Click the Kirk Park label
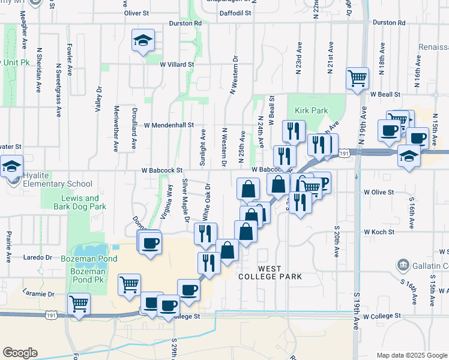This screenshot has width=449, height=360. pyautogui.click(x=312, y=110)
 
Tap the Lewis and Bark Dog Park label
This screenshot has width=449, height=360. pyautogui.click(x=80, y=202)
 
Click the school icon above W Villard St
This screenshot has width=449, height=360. pyautogui.click(x=143, y=40)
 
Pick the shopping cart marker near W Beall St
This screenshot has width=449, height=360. pyautogui.click(x=357, y=78)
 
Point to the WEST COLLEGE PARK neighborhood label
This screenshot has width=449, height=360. pyautogui.click(x=270, y=272)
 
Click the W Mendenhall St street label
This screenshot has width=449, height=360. pyautogui.click(x=169, y=125)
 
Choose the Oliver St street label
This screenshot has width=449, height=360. pyautogui.click(x=137, y=13)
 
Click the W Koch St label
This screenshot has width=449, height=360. pyautogui.click(x=379, y=232)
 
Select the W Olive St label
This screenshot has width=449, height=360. pyautogui.click(x=379, y=193)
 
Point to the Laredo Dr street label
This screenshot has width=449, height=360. pyautogui.click(x=39, y=257)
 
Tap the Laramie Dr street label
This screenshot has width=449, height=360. pyautogui.click(x=39, y=294)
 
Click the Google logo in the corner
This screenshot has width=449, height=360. pyautogui.click(x=19, y=352)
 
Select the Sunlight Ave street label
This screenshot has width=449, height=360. pyautogui.click(x=203, y=148)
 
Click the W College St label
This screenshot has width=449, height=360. pyautogui.click(x=381, y=316)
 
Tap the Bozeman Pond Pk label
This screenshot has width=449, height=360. pyautogui.click(x=88, y=280)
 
